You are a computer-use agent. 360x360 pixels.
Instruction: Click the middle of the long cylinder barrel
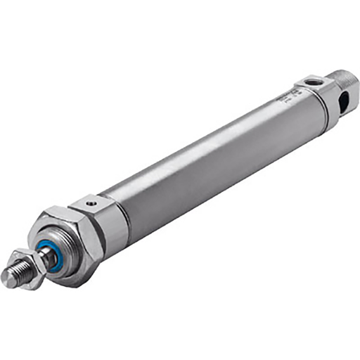click(211, 158)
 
